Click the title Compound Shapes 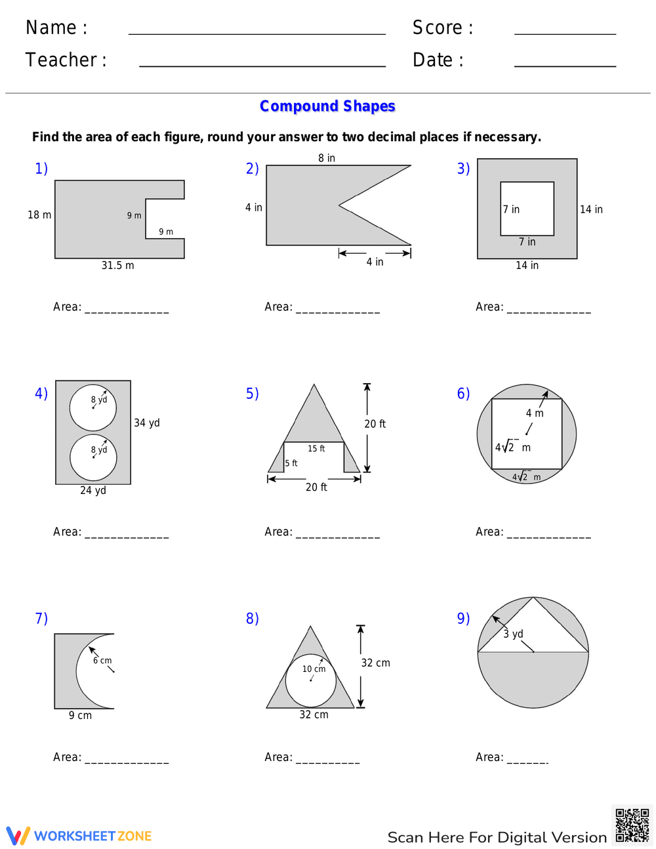pyautogui.click(x=327, y=106)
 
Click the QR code pyautogui.click(x=632, y=825)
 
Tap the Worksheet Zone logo pyautogui.click(x=79, y=836)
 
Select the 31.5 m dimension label pyautogui.click(x=117, y=266)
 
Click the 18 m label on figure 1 pyautogui.click(x=39, y=215)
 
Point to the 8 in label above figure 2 pyautogui.click(x=327, y=158)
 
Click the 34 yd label pyautogui.click(x=147, y=423)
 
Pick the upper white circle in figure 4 pyautogui.click(x=93, y=407)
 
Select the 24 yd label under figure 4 pyautogui.click(x=93, y=491)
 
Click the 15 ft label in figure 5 pyautogui.click(x=316, y=449)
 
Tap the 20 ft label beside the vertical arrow pyautogui.click(x=375, y=424)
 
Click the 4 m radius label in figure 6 pyautogui.click(x=535, y=413)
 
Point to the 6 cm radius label pyautogui.click(x=102, y=661)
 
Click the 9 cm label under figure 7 pyautogui.click(x=80, y=716)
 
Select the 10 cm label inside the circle pyautogui.click(x=314, y=669)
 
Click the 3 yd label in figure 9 pyautogui.click(x=513, y=634)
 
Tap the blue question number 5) pyautogui.click(x=253, y=394)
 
